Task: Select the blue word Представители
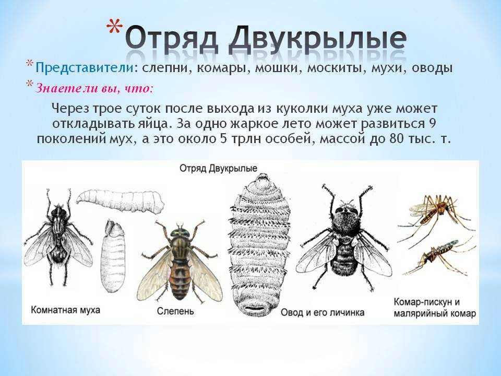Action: coord(85,68)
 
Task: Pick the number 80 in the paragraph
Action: coord(397,139)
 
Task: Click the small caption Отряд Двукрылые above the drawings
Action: coord(218,168)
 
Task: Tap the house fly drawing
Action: coord(58,237)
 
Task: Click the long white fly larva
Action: coord(121,202)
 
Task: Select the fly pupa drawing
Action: coord(113,255)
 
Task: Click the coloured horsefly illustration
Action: coord(179,261)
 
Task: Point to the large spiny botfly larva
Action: coord(259,244)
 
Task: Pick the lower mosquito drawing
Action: coord(439,256)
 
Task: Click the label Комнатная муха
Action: coord(66,310)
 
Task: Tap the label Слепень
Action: coord(175,311)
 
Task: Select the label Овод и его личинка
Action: coord(323,312)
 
